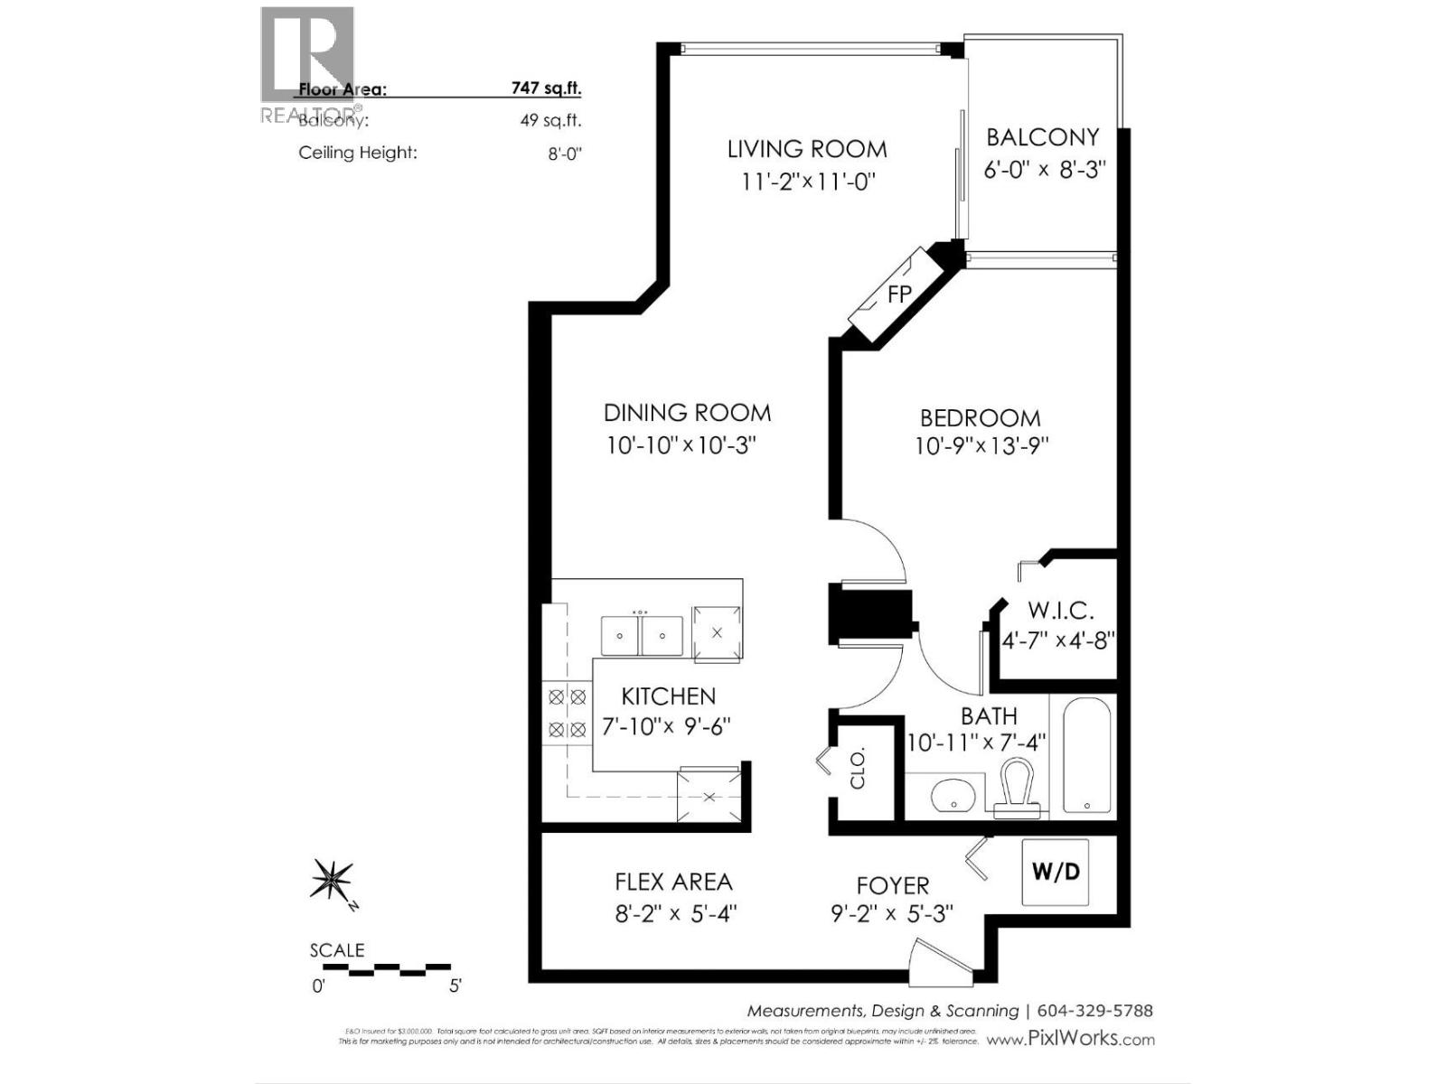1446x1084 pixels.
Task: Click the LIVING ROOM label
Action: tap(807, 148)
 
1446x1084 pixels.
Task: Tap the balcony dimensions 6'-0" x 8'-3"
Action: tap(1045, 170)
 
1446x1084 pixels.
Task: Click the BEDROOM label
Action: tap(980, 417)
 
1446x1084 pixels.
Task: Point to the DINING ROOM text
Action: tap(687, 413)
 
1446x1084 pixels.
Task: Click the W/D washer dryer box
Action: tap(1056, 872)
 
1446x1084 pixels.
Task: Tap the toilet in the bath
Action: tap(1016, 787)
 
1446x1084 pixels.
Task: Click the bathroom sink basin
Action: tap(953, 796)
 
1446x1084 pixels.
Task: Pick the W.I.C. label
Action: tap(1059, 611)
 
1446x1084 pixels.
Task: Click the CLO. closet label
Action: tap(858, 768)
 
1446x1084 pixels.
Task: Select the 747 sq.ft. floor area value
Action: tap(545, 89)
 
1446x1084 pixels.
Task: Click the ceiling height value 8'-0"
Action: tap(565, 153)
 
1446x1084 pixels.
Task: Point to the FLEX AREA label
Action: tap(673, 882)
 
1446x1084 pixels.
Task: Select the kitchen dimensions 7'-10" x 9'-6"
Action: tap(665, 726)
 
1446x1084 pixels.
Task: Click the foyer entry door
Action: tap(940, 963)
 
